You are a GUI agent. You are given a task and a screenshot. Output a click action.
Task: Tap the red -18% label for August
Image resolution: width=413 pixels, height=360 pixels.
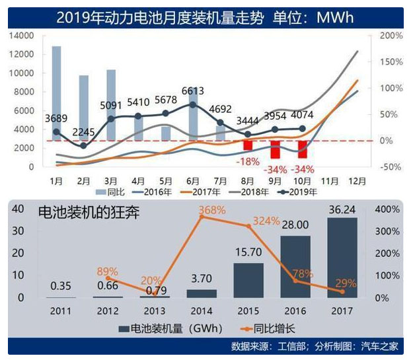tap(247, 161)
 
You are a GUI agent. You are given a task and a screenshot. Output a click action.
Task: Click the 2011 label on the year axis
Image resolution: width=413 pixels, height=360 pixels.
tap(61, 310)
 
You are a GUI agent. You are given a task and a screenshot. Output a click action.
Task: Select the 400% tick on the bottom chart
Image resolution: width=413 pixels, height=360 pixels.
tap(390, 209)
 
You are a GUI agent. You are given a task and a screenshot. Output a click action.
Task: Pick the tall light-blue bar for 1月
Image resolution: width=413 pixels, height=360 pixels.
tap(57, 93)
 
